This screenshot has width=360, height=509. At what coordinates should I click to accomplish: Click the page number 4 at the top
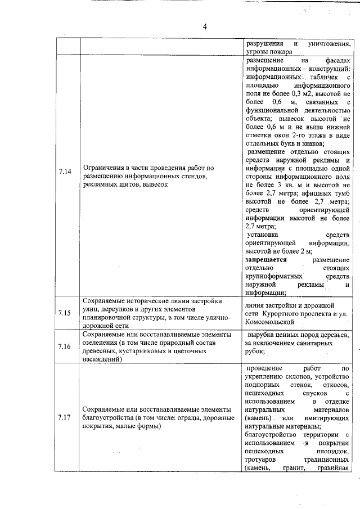205,26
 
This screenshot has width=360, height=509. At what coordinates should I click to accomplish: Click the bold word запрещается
267,260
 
